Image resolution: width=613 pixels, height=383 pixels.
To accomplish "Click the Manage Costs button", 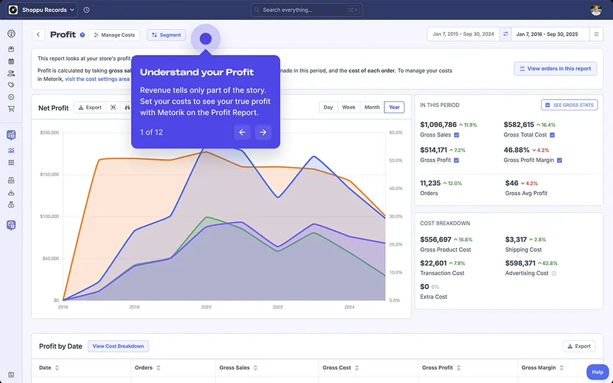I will [x=115, y=35].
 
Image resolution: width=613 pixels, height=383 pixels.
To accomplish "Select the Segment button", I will [x=166, y=35].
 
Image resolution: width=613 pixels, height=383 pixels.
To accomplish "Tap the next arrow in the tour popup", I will [x=262, y=132].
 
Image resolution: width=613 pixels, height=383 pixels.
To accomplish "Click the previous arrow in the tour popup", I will [x=242, y=132].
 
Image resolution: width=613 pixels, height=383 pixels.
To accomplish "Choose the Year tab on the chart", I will [x=394, y=107].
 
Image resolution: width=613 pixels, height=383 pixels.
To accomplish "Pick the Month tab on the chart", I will [x=372, y=107].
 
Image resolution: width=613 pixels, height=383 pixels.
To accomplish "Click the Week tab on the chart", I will [x=349, y=107].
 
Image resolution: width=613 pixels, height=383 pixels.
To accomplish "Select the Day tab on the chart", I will [x=328, y=107].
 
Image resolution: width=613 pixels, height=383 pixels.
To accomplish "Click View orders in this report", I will [x=555, y=68].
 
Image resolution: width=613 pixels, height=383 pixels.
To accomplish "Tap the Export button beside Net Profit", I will [x=89, y=107].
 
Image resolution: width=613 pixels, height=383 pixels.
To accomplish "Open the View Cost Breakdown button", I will [x=118, y=346].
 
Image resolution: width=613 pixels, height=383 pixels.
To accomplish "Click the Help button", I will [x=597, y=372].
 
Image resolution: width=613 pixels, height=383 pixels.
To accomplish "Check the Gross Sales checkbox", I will [x=457, y=135].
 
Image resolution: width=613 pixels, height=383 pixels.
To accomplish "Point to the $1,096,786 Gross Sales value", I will [x=438, y=124].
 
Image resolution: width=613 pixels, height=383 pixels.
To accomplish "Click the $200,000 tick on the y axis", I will [x=49, y=133].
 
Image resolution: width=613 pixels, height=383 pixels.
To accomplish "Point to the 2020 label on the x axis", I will [x=206, y=307].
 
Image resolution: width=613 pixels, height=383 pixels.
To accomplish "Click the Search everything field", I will [x=306, y=10].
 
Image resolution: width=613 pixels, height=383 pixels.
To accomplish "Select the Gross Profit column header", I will [x=437, y=368].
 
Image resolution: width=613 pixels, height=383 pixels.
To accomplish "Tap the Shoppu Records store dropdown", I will [x=42, y=10].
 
